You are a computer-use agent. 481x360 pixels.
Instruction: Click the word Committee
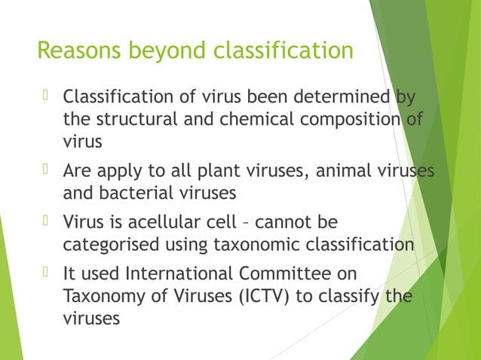[305, 274]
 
